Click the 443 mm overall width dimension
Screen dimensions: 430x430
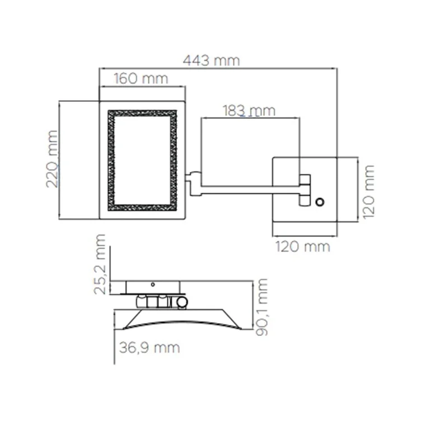tap(212, 60)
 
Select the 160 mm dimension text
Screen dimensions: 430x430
tap(141, 79)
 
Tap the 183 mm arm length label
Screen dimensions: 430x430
tap(249, 111)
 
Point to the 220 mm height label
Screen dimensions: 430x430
tap(52, 159)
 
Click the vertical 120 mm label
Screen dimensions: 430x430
tap(368, 192)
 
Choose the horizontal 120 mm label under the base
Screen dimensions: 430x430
tap(302, 246)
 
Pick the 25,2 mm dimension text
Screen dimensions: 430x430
tap(99, 264)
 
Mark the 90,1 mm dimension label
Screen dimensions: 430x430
tap(261, 307)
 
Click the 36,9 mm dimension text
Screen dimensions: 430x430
tap(149, 348)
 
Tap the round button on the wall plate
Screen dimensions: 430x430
tap(320, 202)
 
